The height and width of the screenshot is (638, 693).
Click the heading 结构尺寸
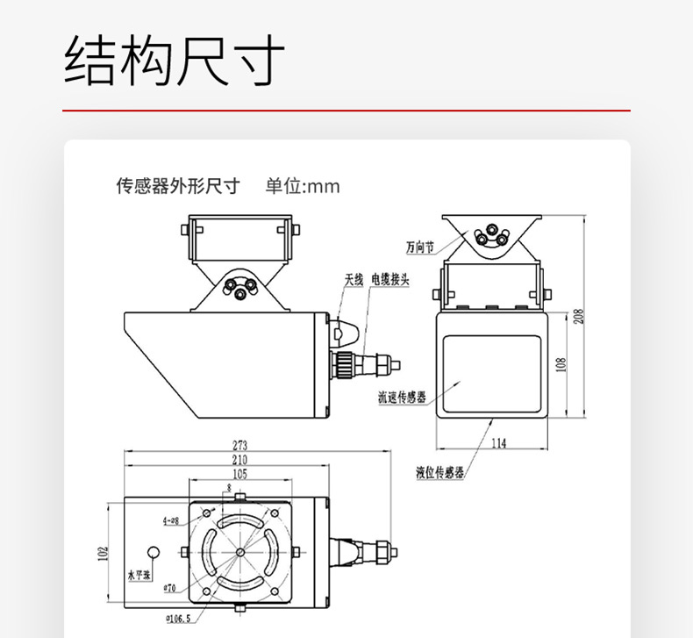click(x=175, y=61)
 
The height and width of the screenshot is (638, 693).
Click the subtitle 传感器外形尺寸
click(x=178, y=186)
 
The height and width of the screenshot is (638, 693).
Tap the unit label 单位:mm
click(x=303, y=186)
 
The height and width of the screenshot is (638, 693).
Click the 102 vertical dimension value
click(x=102, y=554)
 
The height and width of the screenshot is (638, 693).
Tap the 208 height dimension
click(x=577, y=315)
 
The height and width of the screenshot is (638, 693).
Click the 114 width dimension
click(x=497, y=443)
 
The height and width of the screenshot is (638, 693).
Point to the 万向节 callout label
click(x=420, y=247)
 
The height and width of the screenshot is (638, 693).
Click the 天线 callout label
click(x=354, y=281)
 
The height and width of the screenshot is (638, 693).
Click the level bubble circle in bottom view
click(x=154, y=553)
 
